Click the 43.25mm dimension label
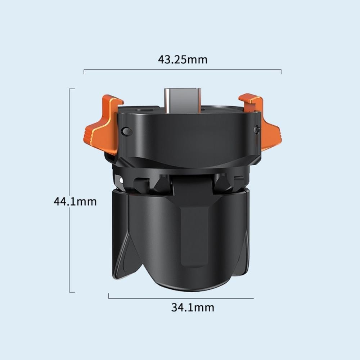click(183, 59)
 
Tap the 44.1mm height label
click(75, 202)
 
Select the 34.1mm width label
click(193, 307)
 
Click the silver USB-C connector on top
click(183, 100)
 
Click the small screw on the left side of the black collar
click(126, 131)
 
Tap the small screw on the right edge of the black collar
click(257, 130)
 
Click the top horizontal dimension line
click(183, 69)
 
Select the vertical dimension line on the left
click(69, 190)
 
